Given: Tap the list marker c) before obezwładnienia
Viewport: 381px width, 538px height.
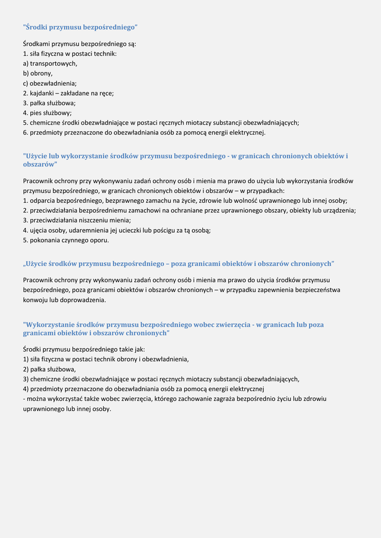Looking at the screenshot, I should click(x=26, y=83).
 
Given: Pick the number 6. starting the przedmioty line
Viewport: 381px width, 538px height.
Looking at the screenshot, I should click(x=25, y=132).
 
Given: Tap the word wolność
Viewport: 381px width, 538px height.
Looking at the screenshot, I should click(x=255, y=201).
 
